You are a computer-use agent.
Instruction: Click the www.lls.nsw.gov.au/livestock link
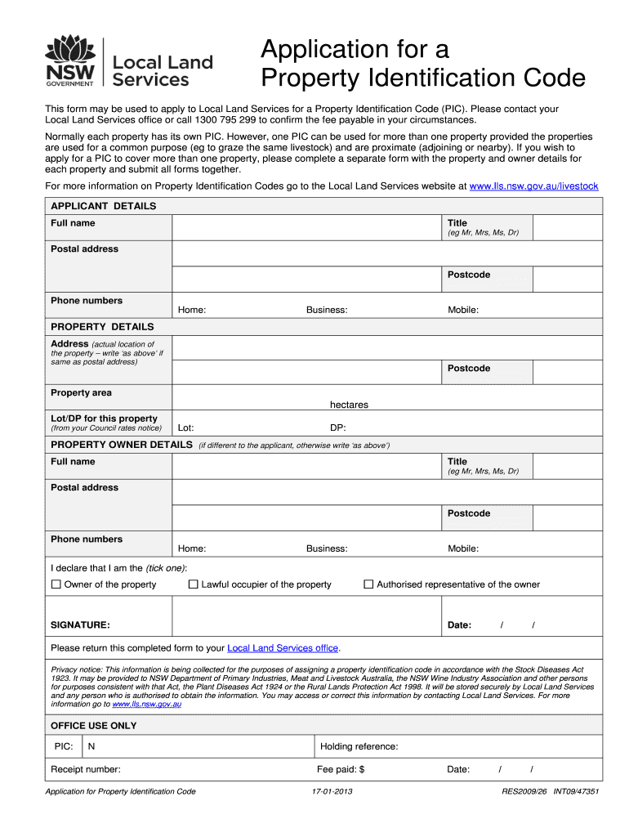click(x=533, y=186)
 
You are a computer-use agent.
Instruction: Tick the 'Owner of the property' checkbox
click(x=56, y=584)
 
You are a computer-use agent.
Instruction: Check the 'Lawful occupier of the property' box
click(x=194, y=584)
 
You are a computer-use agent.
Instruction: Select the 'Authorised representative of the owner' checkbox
click(x=368, y=584)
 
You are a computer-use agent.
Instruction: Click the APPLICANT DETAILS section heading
click(x=103, y=206)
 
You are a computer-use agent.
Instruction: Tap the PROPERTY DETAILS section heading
click(x=102, y=326)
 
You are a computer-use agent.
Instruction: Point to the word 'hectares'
click(x=349, y=405)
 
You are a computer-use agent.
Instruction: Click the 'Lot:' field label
click(x=185, y=427)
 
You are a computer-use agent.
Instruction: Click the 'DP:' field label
click(x=337, y=427)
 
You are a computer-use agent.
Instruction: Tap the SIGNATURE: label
click(x=80, y=625)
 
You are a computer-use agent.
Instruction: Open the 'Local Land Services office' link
click(x=282, y=648)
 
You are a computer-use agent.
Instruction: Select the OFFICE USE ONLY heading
click(x=93, y=726)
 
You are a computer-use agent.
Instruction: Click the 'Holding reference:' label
click(x=359, y=746)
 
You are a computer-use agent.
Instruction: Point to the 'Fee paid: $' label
click(x=340, y=769)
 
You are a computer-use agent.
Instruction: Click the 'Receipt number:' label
click(x=86, y=769)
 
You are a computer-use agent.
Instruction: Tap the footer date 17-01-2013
click(x=332, y=792)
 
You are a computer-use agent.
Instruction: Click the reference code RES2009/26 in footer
click(x=524, y=792)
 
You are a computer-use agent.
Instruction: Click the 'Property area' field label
click(x=81, y=393)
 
